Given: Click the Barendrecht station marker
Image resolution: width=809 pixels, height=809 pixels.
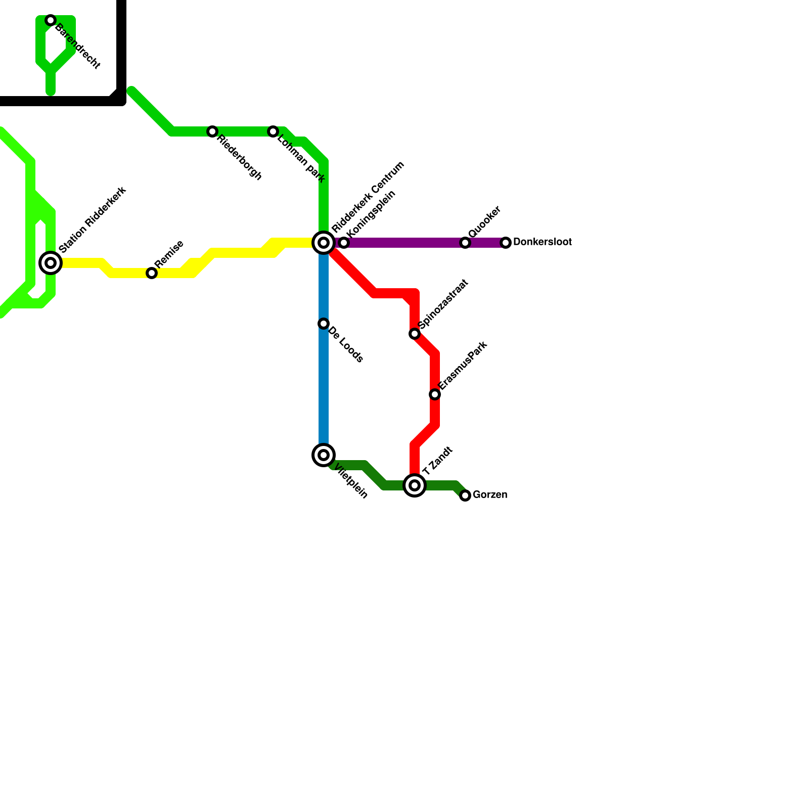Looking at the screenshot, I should (x=51, y=20).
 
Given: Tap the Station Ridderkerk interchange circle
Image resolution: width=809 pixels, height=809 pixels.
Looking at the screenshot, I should (x=51, y=263).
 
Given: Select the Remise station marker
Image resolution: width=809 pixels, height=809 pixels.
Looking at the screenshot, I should (x=152, y=273).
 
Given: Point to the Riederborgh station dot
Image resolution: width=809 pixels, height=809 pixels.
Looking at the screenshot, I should (x=212, y=131).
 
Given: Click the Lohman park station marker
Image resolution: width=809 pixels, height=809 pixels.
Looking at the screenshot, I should (x=273, y=131).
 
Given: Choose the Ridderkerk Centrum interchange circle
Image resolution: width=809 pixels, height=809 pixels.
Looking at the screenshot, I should (x=324, y=243).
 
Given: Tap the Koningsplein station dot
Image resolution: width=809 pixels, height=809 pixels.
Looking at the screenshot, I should (x=344, y=243).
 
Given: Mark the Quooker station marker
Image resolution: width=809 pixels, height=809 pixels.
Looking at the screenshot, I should (x=465, y=243).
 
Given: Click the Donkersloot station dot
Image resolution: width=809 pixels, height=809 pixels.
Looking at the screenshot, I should (x=506, y=243).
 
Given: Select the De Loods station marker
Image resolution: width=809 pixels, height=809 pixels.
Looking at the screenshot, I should (x=324, y=324).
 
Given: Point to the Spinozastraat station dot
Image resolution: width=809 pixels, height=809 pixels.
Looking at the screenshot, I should (x=415, y=334).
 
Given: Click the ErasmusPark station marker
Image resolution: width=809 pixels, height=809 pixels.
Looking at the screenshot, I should (x=435, y=394).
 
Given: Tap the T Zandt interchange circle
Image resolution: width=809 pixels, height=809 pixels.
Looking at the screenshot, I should (x=415, y=485).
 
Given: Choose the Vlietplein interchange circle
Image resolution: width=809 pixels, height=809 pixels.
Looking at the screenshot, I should (x=324, y=455).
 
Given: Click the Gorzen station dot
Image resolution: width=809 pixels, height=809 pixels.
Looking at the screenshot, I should (x=465, y=496).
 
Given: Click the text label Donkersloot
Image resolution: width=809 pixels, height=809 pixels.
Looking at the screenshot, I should (x=542, y=242).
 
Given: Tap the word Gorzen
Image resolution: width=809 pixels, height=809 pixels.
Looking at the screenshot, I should (x=489, y=495).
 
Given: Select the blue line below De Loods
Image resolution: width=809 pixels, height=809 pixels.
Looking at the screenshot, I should (x=324, y=389).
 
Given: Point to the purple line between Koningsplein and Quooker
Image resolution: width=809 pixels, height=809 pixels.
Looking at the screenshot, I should (x=404, y=243).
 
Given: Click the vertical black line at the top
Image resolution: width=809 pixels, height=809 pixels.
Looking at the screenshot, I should (x=121, y=46).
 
